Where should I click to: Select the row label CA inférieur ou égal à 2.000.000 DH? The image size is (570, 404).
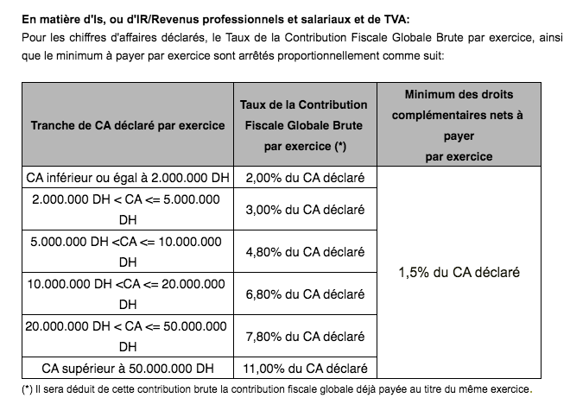pyautogui.click(x=128, y=179)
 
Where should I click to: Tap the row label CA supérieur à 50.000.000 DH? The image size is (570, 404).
pyautogui.click(x=128, y=367)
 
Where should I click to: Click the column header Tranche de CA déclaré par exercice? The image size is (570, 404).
pyautogui.click(x=128, y=125)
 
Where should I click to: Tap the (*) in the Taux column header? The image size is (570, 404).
pyautogui.click(x=340, y=147)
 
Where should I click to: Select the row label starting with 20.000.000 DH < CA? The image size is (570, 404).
pyautogui.click(x=128, y=336)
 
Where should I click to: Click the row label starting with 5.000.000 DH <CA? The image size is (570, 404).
pyautogui.click(x=128, y=252)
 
